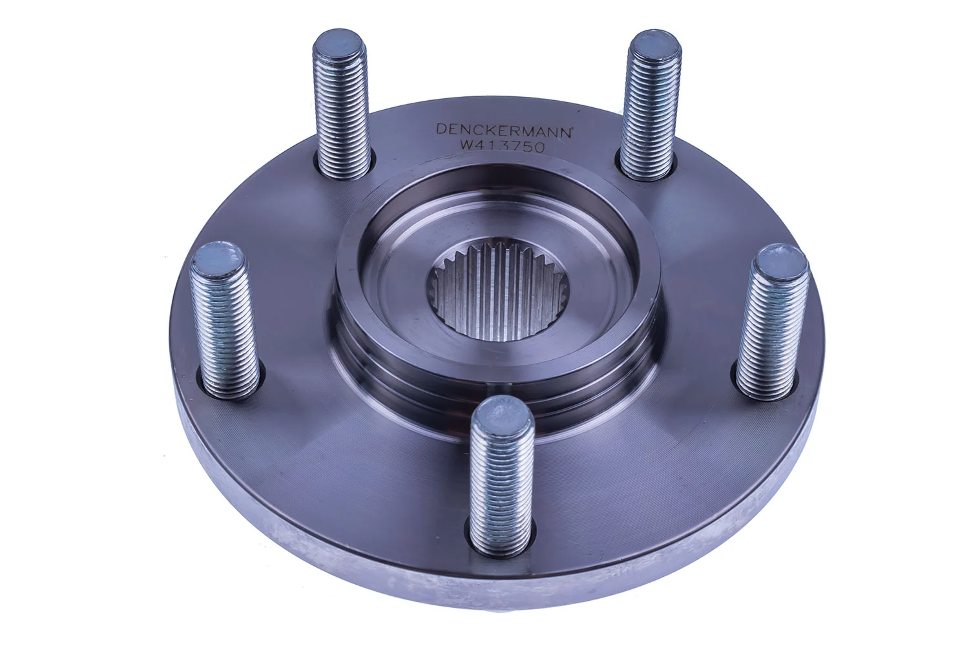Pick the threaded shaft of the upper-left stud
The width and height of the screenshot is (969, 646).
(x=343, y=116)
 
